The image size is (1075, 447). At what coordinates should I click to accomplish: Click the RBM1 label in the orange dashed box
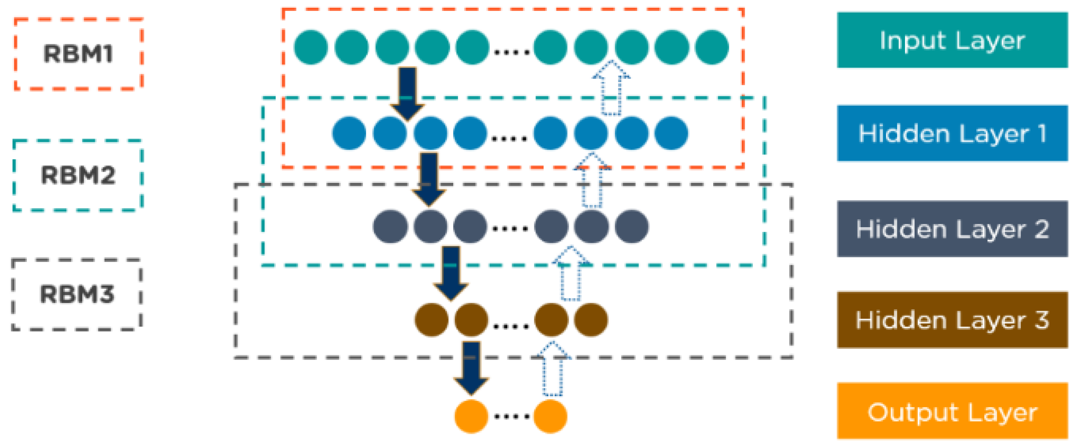coord(78,54)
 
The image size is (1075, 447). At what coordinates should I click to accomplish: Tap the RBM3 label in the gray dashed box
coord(77,294)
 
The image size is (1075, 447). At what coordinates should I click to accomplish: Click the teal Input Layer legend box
coord(952,40)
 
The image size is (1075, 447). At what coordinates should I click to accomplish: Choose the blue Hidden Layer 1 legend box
coord(952,133)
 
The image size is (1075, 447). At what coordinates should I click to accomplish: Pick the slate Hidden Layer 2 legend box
coord(952,228)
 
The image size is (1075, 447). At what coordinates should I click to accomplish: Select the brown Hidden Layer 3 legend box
coord(952,320)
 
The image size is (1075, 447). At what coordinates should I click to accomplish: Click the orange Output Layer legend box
coord(952,412)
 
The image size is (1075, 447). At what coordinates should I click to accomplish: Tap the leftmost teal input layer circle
coord(311,47)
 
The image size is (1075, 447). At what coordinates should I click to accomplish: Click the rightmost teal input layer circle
coord(712,47)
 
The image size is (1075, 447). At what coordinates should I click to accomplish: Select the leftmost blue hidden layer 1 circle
coord(349,133)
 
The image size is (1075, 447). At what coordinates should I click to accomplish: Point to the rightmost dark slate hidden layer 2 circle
coord(631,227)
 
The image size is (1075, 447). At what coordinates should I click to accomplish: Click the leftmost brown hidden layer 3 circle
coord(431,320)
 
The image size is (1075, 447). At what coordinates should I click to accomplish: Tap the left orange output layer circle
coord(471,416)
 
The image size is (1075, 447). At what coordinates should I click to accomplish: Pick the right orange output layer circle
coord(550,416)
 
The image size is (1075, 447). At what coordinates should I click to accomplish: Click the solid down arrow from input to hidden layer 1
coord(407,92)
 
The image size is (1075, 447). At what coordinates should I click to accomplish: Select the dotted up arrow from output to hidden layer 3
coord(553,369)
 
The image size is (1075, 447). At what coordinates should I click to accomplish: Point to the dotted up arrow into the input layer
coord(611,88)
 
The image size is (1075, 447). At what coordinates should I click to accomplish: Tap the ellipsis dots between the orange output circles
coord(511,416)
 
